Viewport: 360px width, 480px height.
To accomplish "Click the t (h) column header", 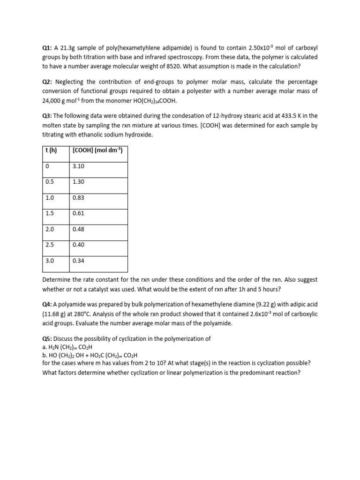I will tap(51, 150).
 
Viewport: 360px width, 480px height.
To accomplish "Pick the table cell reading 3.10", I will tap(78, 166).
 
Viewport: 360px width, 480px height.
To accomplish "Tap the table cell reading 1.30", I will tap(78, 182).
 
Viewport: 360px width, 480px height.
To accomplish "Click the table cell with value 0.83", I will tap(78, 198).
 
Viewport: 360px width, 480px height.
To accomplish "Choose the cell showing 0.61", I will tap(78, 213).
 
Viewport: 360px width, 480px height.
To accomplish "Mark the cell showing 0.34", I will tap(78, 261).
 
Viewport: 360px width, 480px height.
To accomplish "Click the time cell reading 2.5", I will tap(50, 245).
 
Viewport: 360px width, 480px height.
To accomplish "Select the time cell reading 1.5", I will tap(50, 213).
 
